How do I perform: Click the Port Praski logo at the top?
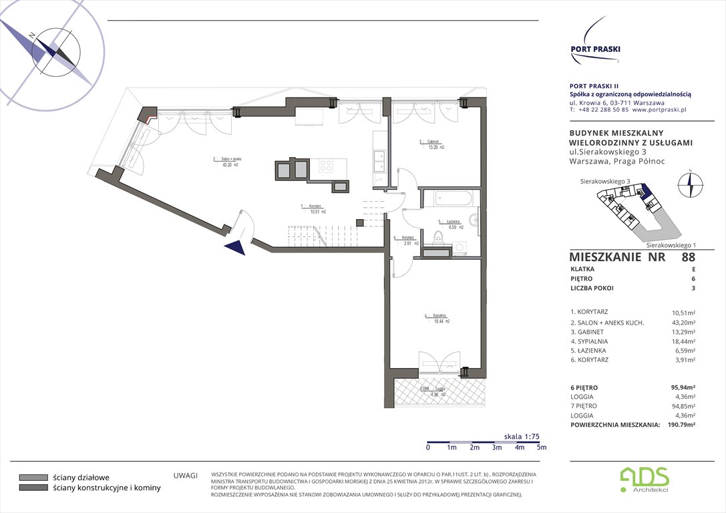(595, 43)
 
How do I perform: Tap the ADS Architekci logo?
(645, 478)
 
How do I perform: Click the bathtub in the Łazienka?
(453, 199)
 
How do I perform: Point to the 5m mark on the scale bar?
(542, 448)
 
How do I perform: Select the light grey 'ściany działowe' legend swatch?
(33, 478)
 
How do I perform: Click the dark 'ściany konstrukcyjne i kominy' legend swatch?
(33, 488)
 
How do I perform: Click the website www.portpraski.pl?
(659, 110)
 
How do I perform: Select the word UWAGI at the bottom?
(185, 475)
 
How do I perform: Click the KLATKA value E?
(693, 269)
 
